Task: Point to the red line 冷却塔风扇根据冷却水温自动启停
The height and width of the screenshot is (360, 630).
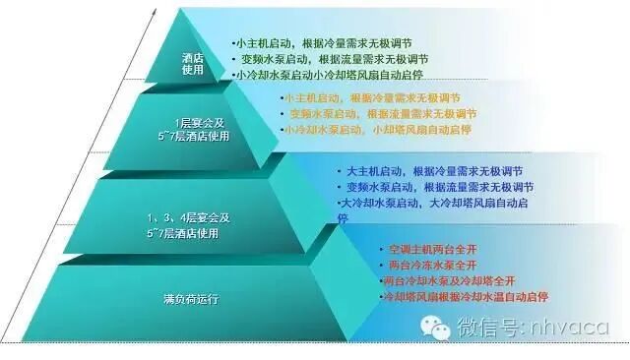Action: click(465, 296)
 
